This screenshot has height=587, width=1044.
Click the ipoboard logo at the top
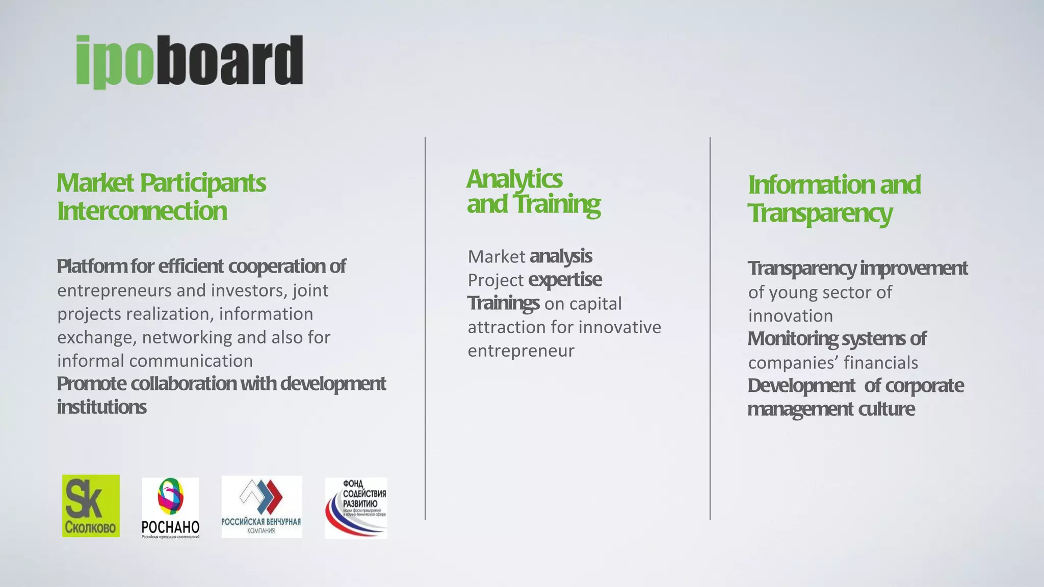pyautogui.click(x=189, y=61)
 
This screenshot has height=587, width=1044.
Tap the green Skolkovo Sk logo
pyautogui.click(x=91, y=506)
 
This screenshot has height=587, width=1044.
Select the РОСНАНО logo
pyautogui.click(x=170, y=508)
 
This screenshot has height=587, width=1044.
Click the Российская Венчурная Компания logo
pyautogui.click(x=262, y=507)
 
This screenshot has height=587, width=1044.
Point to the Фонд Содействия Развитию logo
pyautogui.click(x=356, y=508)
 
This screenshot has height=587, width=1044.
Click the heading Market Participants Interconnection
pyautogui.click(x=161, y=197)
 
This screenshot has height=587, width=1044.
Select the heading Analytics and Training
pyautogui.click(x=533, y=192)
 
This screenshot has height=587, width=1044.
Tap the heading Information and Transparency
pyautogui.click(x=834, y=199)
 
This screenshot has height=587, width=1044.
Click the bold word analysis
pyautogui.click(x=561, y=256)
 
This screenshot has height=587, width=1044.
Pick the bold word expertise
pyautogui.click(x=565, y=280)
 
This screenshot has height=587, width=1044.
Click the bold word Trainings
pyautogui.click(x=503, y=303)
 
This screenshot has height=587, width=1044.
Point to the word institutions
pyautogui.click(x=101, y=407)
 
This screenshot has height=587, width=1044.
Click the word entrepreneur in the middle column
pyautogui.click(x=520, y=351)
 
